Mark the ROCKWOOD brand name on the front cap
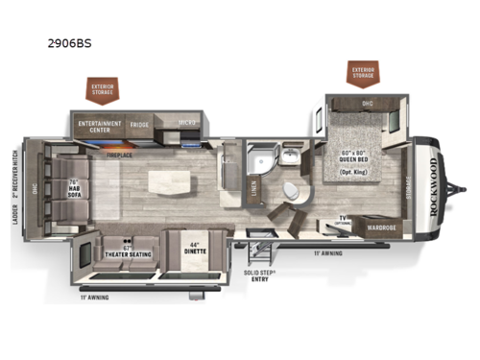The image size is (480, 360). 440,185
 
